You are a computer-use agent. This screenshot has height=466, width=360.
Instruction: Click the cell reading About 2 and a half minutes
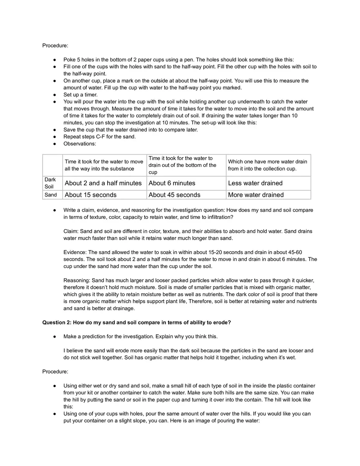[x=103, y=183]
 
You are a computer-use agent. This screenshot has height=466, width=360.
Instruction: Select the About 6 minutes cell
[x=172, y=183]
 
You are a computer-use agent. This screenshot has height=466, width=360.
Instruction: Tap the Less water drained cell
[x=255, y=183]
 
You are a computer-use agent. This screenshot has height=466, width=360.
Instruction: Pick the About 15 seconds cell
[x=90, y=195]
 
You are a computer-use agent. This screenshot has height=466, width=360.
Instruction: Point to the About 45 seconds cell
[x=174, y=195]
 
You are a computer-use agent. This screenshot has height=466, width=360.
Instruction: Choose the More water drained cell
[x=256, y=195]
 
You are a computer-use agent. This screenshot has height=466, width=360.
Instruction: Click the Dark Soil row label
[x=50, y=183]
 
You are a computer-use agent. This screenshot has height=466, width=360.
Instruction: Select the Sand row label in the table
[x=51, y=195]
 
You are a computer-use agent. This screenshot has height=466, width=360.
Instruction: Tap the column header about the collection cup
[x=268, y=165]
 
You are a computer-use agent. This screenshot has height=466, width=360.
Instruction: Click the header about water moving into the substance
[x=104, y=165]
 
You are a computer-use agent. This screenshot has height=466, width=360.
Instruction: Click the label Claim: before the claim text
[x=71, y=231]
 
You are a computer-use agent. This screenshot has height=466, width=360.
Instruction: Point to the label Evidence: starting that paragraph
[x=75, y=252]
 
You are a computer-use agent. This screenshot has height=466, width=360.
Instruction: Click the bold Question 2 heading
[x=137, y=322]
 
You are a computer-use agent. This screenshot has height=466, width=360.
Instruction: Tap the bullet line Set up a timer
[x=81, y=95]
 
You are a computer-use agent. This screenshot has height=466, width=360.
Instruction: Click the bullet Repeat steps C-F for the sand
[x=99, y=137]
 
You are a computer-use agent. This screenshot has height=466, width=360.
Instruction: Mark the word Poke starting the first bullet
[x=70, y=59]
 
